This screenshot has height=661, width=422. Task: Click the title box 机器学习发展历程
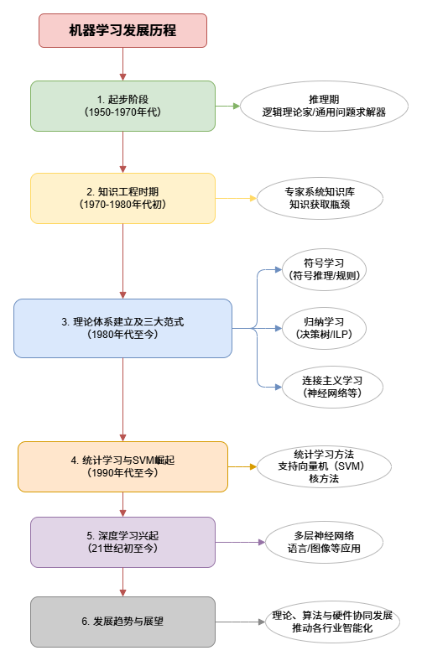(x=122, y=30)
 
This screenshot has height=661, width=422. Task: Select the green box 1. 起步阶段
(x=122, y=106)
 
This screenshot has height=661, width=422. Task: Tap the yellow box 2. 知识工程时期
(x=122, y=198)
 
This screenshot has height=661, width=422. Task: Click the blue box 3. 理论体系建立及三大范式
(x=122, y=328)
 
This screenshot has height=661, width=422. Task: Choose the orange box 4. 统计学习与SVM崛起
(x=122, y=466)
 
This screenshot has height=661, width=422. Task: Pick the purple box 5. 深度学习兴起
(x=122, y=542)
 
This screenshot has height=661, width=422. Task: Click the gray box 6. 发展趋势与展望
(x=122, y=622)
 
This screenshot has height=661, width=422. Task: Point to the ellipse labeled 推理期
(x=324, y=106)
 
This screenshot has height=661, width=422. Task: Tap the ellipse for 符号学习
(x=324, y=269)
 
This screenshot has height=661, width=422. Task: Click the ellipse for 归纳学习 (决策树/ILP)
(x=324, y=328)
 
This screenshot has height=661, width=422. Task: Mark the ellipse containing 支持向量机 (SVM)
(x=324, y=466)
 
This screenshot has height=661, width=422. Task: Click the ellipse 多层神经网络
(x=324, y=542)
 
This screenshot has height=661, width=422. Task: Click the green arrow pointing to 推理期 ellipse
(x=227, y=106)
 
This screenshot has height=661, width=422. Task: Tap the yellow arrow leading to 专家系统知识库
(x=236, y=198)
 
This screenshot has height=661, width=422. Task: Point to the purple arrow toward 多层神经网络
(x=240, y=542)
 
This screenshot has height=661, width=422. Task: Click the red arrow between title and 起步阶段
(x=122, y=64)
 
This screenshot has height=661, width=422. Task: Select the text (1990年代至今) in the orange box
(x=122, y=473)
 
